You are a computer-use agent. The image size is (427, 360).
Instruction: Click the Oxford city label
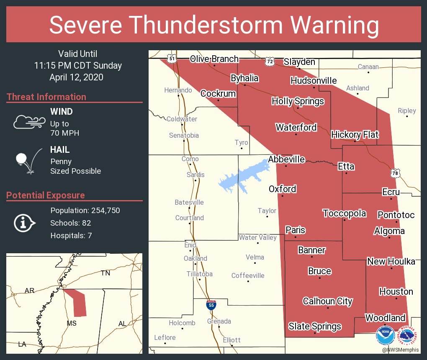click(x=282, y=189)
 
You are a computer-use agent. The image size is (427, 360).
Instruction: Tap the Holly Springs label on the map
click(x=298, y=101)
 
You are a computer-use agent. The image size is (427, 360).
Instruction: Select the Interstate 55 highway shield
click(x=211, y=304)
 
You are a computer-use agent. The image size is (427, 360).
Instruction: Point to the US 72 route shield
click(x=270, y=62)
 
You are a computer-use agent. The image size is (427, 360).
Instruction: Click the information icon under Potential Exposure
click(x=24, y=223)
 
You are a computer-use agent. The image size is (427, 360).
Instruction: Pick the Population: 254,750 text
click(x=85, y=210)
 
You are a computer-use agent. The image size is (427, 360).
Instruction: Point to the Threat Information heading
click(x=46, y=97)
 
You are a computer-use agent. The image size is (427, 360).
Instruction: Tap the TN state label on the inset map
click(x=105, y=273)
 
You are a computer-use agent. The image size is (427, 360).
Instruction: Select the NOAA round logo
click(x=384, y=335)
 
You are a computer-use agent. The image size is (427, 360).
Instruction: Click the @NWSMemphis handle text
click(x=401, y=349)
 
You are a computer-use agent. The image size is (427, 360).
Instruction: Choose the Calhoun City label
click(x=327, y=301)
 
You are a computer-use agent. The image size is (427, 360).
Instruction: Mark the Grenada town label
click(x=219, y=321)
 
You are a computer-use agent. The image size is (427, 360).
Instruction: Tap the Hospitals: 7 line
click(x=71, y=235)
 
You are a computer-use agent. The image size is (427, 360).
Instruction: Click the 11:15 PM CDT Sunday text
click(x=78, y=66)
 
